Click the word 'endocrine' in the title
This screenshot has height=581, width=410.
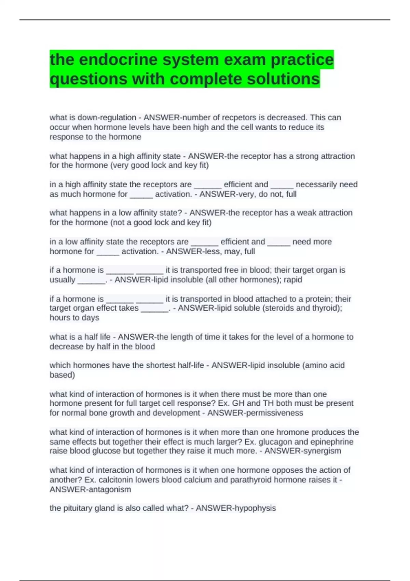point(113,60)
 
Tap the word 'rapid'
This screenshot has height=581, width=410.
point(293,280)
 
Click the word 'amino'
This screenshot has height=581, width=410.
point(316,365)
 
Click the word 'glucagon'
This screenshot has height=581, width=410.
point(273,442)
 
